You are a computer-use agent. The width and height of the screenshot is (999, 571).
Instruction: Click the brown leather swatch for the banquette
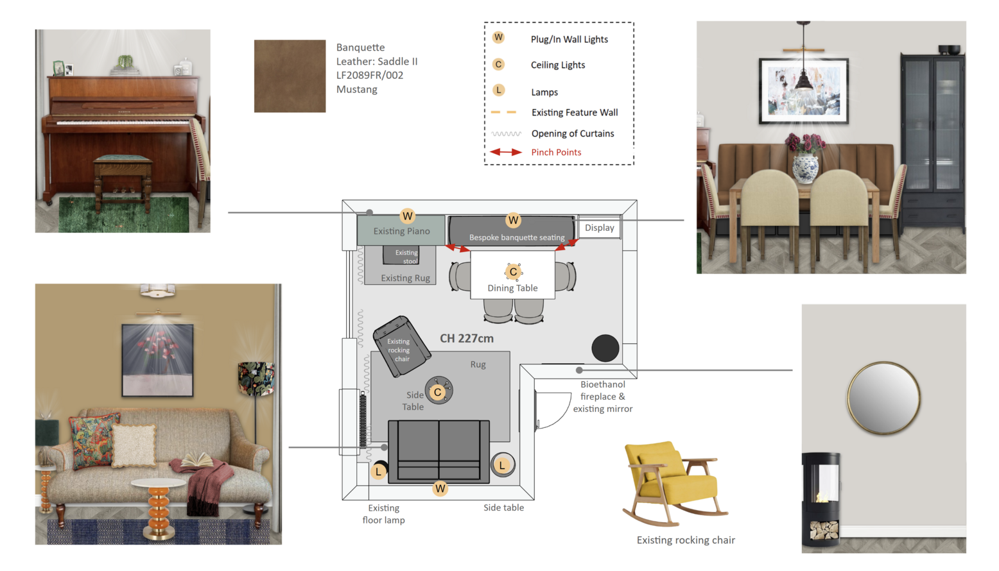click(290, 76)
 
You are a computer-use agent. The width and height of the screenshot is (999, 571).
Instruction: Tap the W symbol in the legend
click(498, 38)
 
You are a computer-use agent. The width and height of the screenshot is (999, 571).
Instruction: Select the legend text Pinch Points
click(556, 153)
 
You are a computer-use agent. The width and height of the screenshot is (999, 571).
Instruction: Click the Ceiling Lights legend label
click(557, 65)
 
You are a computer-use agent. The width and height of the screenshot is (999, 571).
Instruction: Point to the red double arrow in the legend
click(506, 152)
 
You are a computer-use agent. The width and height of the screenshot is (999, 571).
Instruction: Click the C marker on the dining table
click(513, 272)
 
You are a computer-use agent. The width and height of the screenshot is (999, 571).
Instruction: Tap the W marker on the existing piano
click(407, 216)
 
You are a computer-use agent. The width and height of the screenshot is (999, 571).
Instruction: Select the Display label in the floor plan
click(599, 228)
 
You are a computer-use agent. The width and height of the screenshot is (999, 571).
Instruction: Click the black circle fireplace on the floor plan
click(605, 348)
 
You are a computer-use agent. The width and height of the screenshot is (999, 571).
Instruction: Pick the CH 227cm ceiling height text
click(467, 339)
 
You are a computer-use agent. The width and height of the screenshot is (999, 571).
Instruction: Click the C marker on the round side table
click(438, 392)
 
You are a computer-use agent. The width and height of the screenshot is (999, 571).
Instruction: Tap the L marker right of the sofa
click(502, 465)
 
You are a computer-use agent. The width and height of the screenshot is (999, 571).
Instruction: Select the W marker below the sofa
click(440, 489)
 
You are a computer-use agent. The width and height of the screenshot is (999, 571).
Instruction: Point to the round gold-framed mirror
click(883, 398)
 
